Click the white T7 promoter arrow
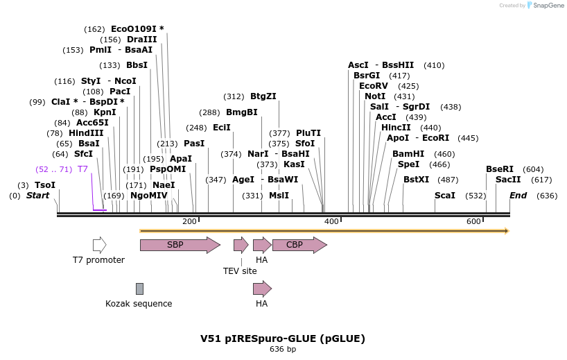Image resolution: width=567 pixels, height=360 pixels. pos(99,245)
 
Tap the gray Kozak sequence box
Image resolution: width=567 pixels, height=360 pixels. pos(139,289)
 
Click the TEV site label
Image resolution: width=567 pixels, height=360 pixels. pos(240,271)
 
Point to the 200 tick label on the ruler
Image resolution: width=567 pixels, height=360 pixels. pos(189,221)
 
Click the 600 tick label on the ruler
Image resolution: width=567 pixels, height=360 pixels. pos(473,221)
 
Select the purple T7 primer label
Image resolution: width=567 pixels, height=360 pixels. pos(82,169)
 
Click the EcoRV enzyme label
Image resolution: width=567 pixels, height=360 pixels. pos(374,86)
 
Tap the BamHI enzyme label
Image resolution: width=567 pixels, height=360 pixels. pos(408,154)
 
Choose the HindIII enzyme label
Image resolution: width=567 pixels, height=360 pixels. pos(86,133)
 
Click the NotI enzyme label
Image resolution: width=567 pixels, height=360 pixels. pos(375,96)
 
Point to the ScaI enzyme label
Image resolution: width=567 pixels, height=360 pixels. pos(445,196)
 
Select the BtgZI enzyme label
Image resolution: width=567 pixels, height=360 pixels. pos(263,96)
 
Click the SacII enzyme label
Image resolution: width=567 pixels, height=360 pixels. pos(508,180)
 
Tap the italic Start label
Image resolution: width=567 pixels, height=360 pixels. pos(38,196)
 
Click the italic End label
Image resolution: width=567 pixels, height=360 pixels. pos(518,196)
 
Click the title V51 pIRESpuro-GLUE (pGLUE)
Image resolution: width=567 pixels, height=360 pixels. pos(283,338)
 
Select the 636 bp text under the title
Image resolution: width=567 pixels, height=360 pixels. pos(283,349)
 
